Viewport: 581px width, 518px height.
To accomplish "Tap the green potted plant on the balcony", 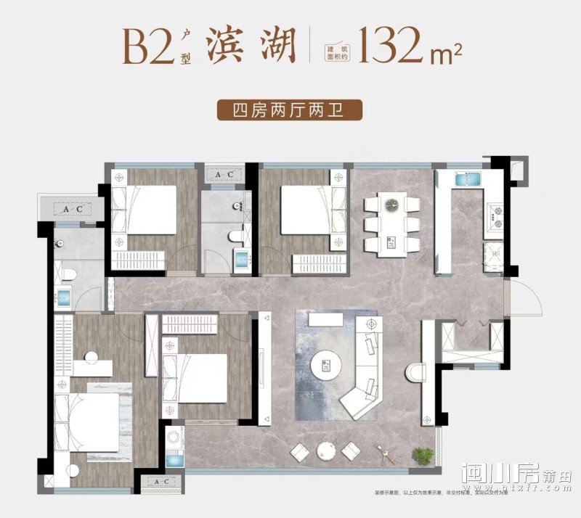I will [422, 455].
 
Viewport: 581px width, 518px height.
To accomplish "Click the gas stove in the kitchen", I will [496, 213].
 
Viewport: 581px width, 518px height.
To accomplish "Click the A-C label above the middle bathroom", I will [223, 174].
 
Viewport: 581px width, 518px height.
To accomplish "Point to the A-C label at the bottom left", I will [158, 482].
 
